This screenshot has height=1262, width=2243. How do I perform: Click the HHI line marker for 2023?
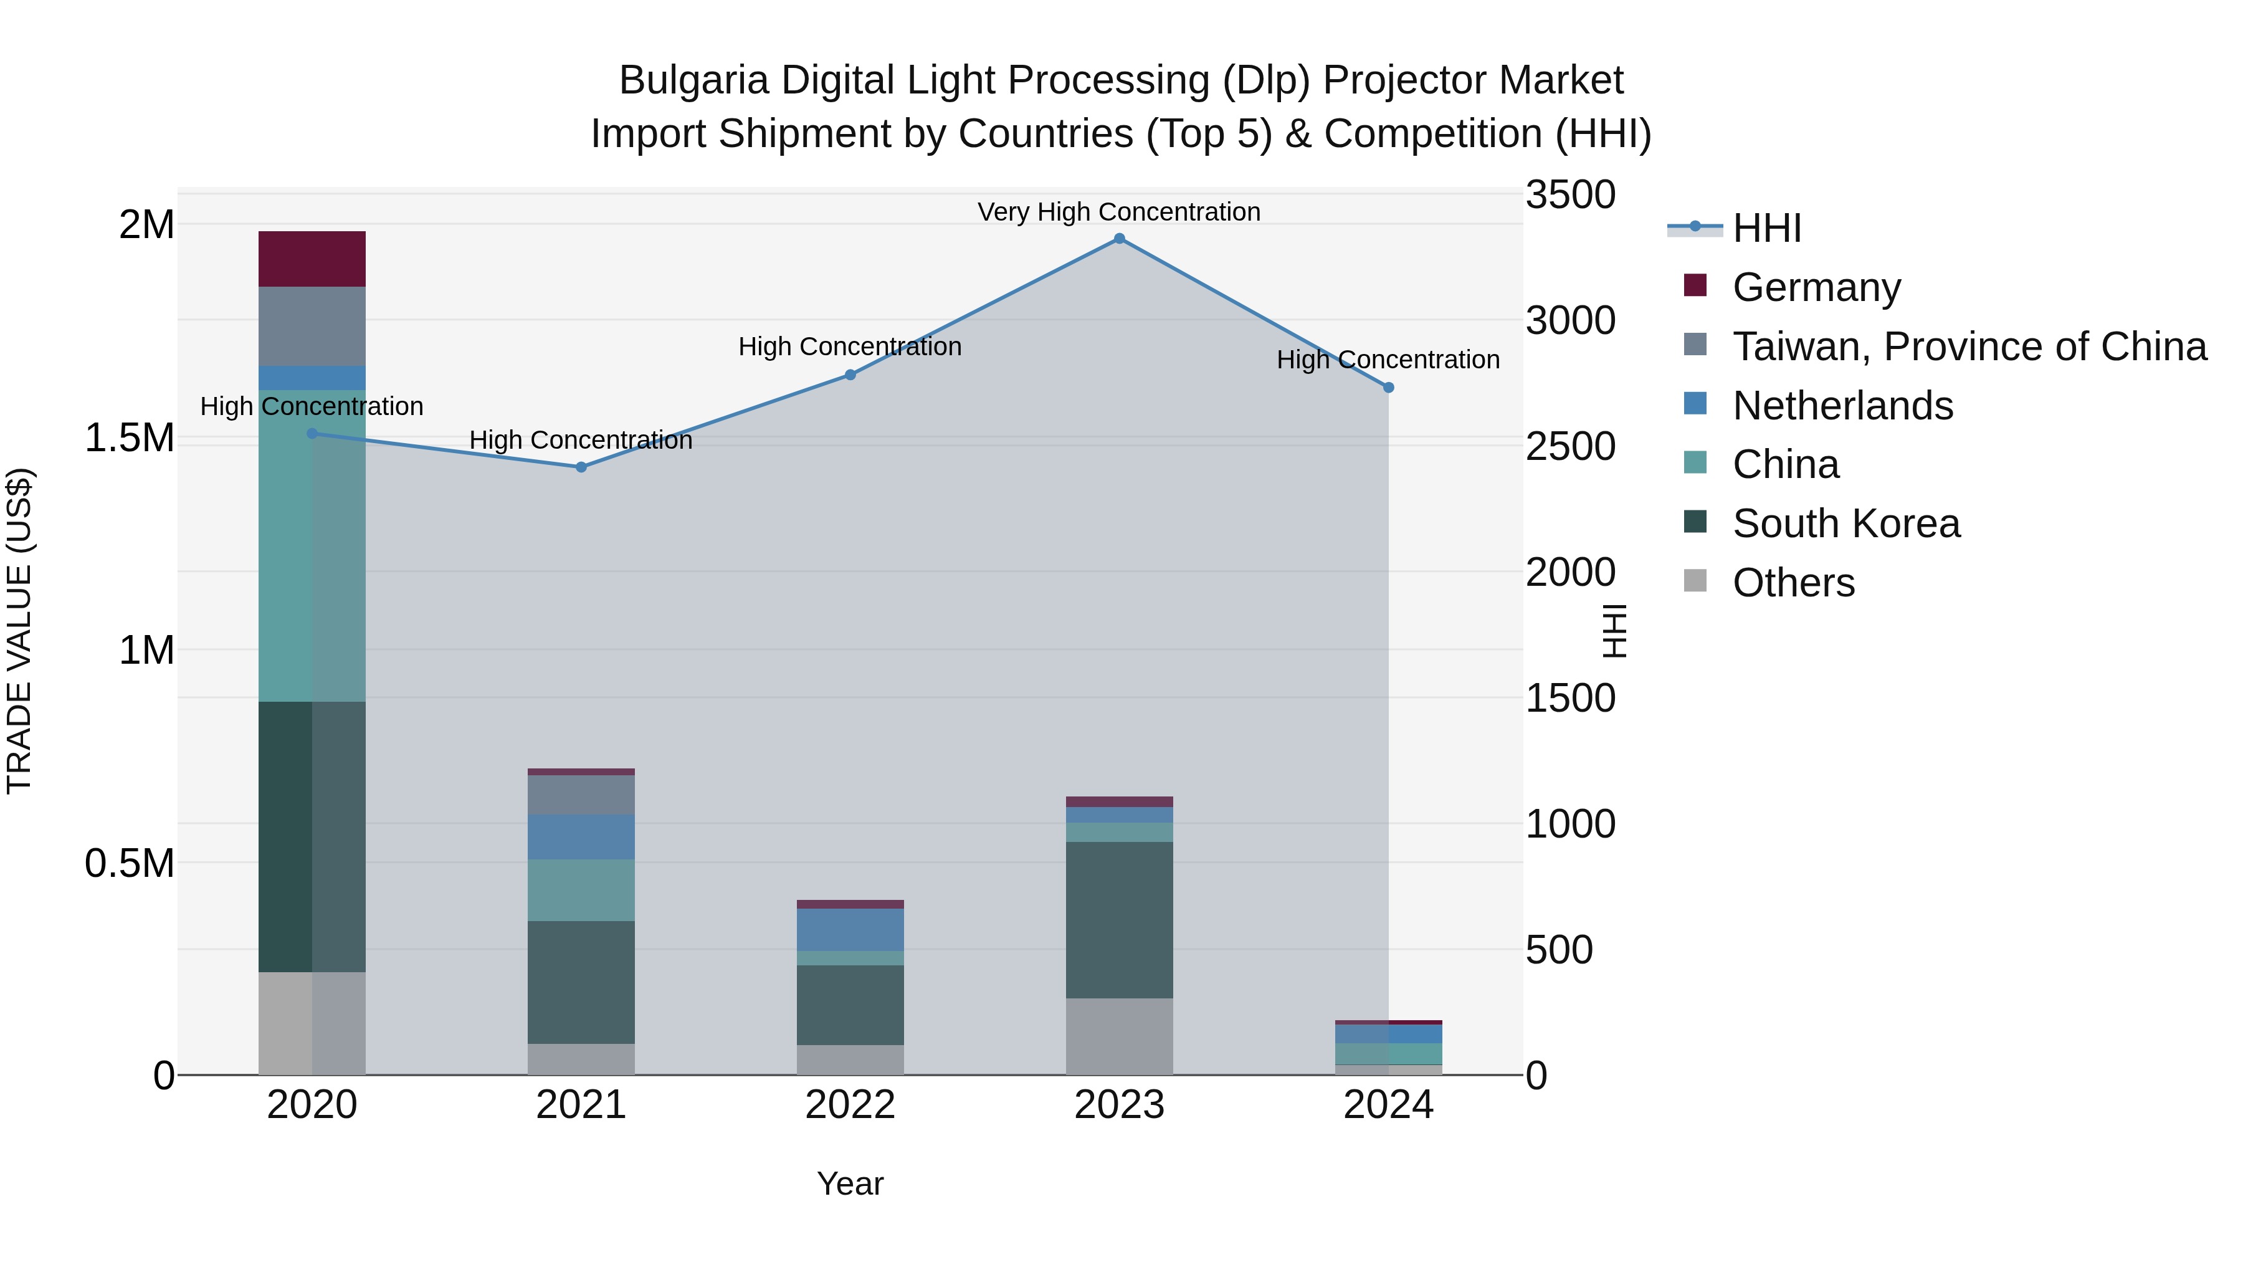1119,239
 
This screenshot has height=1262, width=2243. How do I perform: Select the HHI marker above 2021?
582,467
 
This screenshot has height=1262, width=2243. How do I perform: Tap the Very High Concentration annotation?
1119,212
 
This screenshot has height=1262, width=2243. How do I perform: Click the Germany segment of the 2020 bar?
312,259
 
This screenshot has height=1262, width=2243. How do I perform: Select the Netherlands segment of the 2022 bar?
850,929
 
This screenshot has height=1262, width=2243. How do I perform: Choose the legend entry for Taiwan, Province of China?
1969,347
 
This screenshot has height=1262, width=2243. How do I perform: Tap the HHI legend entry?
1766,228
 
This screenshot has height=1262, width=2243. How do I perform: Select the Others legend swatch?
1695,580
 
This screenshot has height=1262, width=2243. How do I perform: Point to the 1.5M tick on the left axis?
129,437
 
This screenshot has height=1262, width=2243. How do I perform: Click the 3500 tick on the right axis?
1570,195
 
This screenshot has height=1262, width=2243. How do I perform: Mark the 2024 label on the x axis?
1388,1104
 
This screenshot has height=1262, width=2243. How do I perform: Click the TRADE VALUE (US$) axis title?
19,631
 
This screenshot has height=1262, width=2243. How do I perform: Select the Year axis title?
850,1183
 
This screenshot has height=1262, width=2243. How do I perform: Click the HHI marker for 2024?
1388,388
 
